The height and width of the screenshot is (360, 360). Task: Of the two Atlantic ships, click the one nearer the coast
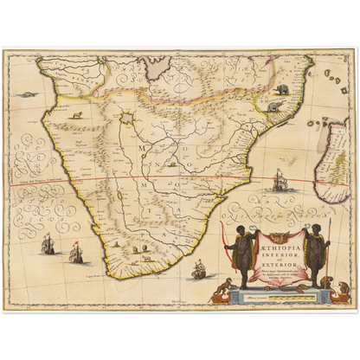coord(75,252)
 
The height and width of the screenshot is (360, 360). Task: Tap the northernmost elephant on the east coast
coord(282,89)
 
